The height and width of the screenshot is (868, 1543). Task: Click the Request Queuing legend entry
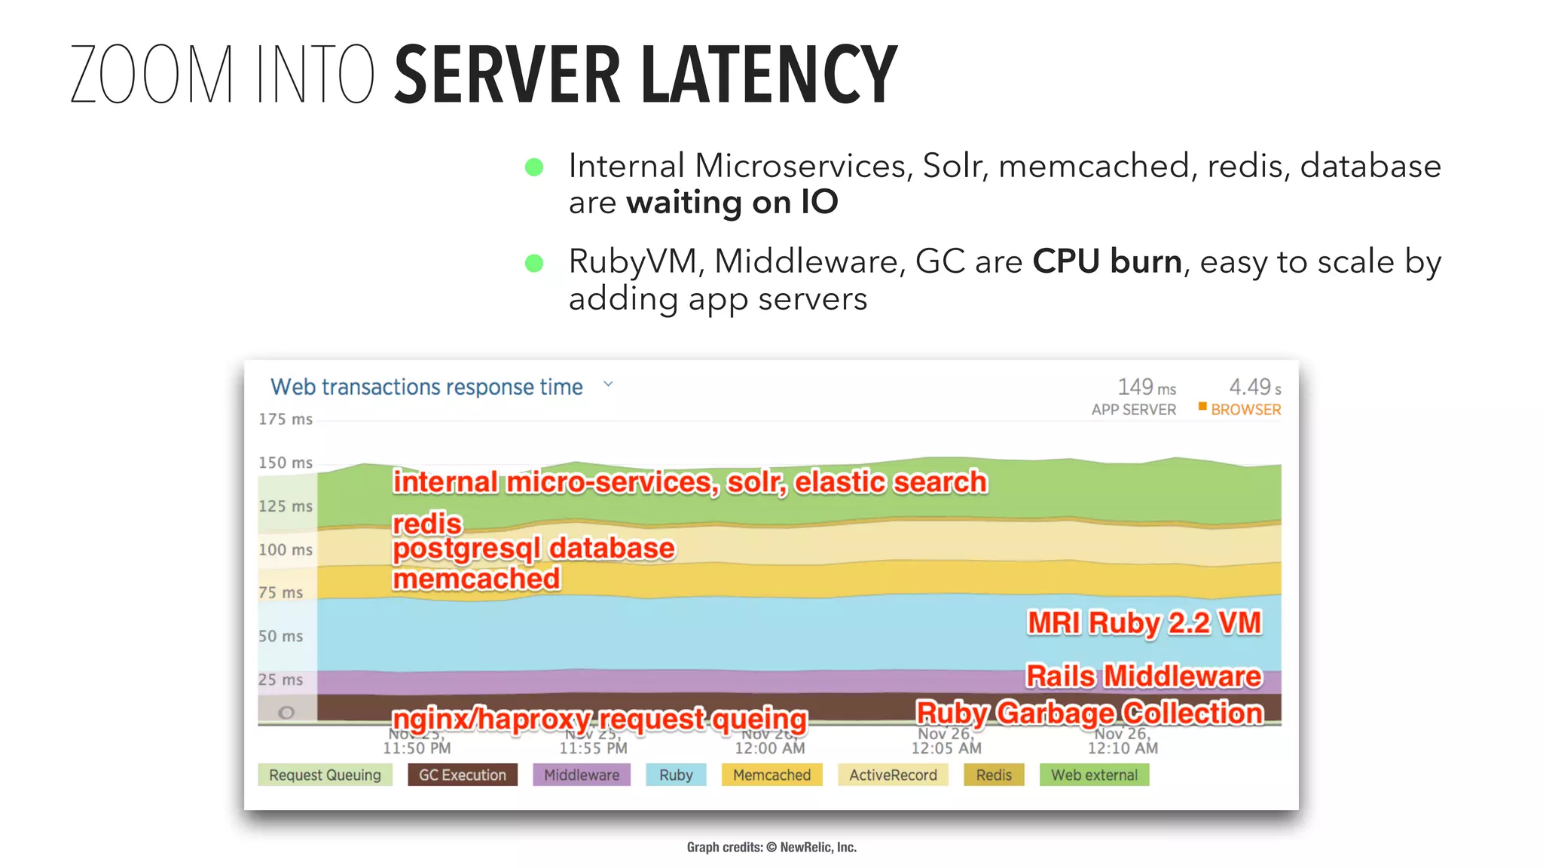tap(325, 775)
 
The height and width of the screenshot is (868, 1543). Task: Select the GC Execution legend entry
tap(462, 775)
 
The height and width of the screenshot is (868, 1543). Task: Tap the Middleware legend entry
tap(581, 775)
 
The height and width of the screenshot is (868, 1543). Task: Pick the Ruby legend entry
tap(676, 775)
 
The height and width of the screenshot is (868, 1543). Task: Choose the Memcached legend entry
tap(771, 775)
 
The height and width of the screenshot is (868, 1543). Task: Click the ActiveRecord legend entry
tap(893, 775)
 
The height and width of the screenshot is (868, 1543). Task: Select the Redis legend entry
tap(994, 775)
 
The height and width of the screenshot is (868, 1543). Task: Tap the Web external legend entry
tap(1094, 775)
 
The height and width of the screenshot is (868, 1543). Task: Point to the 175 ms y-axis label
tap(285, 419)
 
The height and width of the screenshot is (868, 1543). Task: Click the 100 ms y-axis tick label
tap(285, 549)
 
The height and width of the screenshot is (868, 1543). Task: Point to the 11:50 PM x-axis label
tap(417, 748)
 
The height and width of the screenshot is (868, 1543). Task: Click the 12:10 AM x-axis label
tap(1123, 748)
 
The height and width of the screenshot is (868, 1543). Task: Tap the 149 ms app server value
tap(1145, 387)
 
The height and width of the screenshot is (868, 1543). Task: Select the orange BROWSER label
tap(1245, 410)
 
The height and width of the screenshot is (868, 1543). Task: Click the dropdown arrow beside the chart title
tap(608, 384)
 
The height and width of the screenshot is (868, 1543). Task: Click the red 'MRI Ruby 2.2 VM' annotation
tap(1144, 623)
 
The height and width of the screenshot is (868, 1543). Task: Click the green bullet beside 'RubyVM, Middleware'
tap(534, 263)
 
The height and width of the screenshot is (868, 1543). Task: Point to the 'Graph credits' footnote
tap(771, 847)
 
